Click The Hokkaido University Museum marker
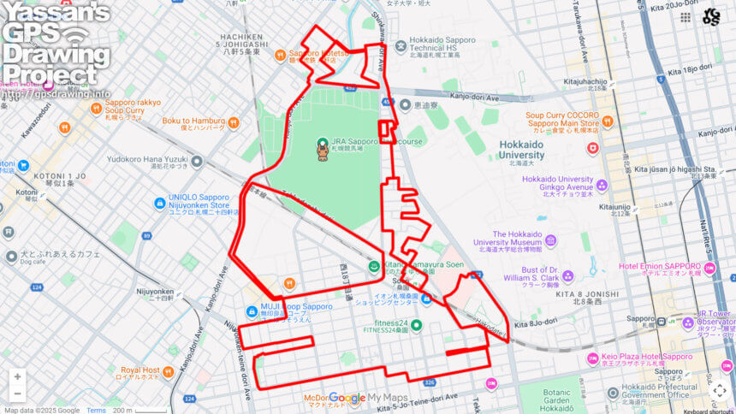(x=550, y=240)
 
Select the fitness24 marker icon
(x=417, y=324)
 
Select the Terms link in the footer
(x=96, y=410)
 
